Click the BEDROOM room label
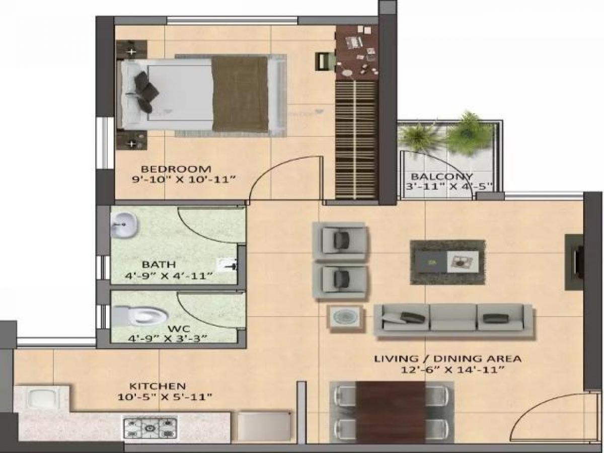pos(176,169)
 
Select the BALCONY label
pos(442,177)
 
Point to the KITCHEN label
pos(158,386)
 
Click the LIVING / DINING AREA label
pos(447,359)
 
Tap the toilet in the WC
pos(143,316)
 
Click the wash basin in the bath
pos(124,224)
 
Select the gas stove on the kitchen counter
pos(150,428)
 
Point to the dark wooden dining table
pos(391,412)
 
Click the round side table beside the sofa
pos(345,318)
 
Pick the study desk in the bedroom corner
pos(357,51)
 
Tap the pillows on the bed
pos(144,91)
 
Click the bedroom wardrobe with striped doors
pos(356,138)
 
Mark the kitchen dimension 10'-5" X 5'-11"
pos(164,397)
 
